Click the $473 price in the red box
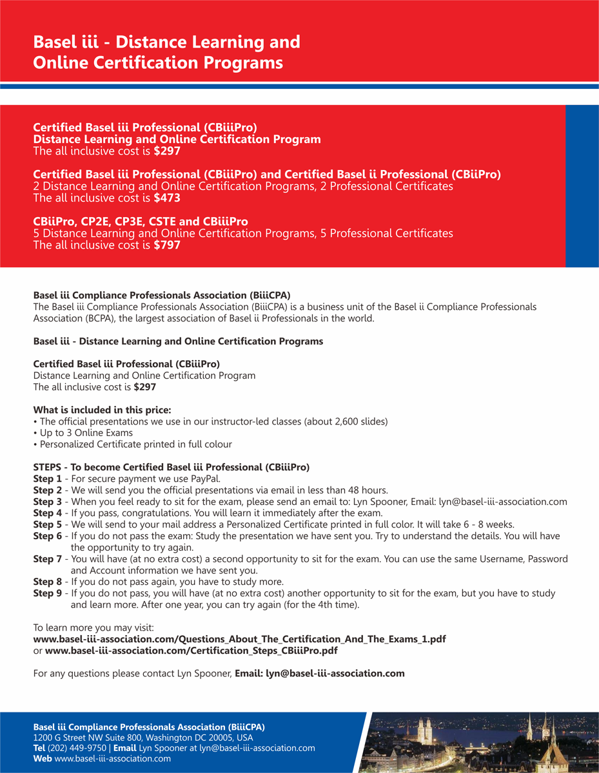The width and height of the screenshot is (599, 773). click(x=167, y=198)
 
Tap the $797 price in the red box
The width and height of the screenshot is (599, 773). click(x=167, y=245)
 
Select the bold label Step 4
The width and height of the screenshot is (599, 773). click(x=47, y=513)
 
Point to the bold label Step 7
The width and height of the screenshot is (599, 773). click(x=47, y=559)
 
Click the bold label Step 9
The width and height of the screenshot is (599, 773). click(x=47, y=593)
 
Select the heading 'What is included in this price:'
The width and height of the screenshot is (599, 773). click(x=102, y=410)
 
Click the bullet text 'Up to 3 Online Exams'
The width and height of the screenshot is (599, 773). click(x=86, y=433)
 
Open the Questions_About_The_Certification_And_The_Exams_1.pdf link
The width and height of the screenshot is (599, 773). click(x=239, y=639)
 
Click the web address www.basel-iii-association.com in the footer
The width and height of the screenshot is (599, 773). click(x=113, y=759)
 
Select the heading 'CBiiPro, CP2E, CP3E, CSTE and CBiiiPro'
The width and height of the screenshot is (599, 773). click(x=141, y=222)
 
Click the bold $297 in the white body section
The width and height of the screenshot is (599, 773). click(x=144, y=387)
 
